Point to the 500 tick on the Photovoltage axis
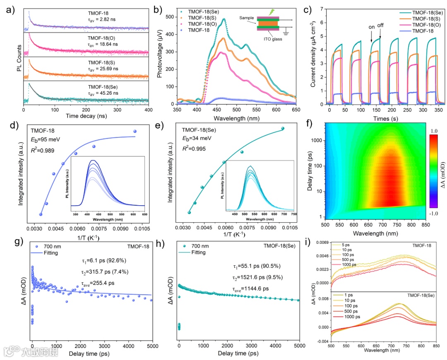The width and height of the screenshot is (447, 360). click(x=170, y=17)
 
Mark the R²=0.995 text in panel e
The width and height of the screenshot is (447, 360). click(x=194, y=148)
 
